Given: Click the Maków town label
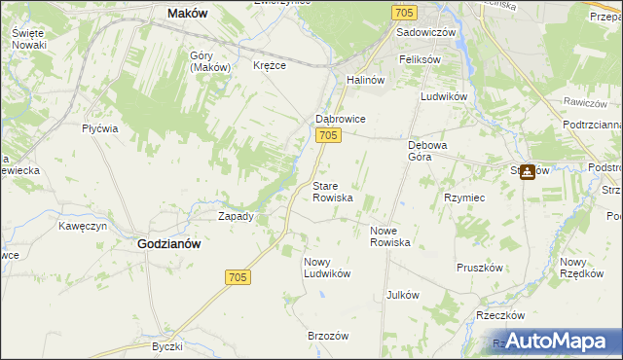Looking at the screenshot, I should tap(189, 13).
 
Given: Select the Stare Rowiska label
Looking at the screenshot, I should tap(332, 192).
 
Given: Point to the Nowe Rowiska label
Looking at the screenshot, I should tap(390, 235).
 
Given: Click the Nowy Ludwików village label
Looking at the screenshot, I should tap(326, 268).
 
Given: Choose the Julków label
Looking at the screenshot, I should tap(402, 294).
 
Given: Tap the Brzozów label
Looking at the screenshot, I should tap(328, 335).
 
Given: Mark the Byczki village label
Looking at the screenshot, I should tap(167, 346).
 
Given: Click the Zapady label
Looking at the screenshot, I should tap(236, 216).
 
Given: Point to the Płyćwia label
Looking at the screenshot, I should tap(100, 128).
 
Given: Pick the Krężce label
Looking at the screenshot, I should tap(269, 65).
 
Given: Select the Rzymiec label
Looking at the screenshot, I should tap(464, 197).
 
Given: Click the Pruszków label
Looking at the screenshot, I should tap(479, 267).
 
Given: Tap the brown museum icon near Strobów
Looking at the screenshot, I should tap(527, 173).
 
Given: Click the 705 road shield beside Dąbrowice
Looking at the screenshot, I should tap(328, 136).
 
